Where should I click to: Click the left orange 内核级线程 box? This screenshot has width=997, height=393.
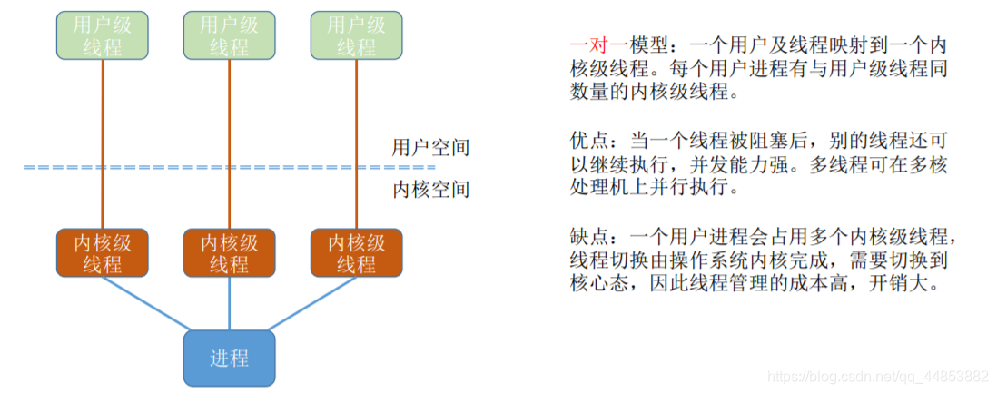pyautogui.click(x=102, y=253)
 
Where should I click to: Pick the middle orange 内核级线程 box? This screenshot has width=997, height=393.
pyautogui.click(x=229, y=253)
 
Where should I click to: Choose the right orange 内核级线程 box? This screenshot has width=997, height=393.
pyautogui.click(x=356, y=253)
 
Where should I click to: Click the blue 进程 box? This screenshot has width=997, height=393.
pyautogui.click(x=229, y=358)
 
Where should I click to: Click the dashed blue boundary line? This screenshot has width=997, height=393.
pyautogui.click(x=227, y=168)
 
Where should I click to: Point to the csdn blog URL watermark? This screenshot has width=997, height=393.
pyautogui.click(x=877, y=376)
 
